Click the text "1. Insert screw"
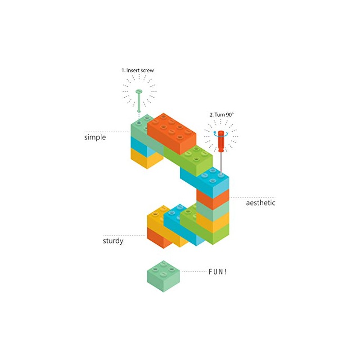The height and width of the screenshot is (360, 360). point(138,70)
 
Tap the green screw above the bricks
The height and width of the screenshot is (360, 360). point(139,100)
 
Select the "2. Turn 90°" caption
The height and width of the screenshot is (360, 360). point(221,115)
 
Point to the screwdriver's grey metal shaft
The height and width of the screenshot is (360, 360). point(221,162)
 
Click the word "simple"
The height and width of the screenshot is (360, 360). point(95,137)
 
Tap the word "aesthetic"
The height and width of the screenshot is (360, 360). point(261,203)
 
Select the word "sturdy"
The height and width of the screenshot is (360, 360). point(113,241)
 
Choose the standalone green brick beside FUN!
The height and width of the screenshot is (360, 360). point(163,276)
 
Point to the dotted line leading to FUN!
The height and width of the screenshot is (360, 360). point(193,272)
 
